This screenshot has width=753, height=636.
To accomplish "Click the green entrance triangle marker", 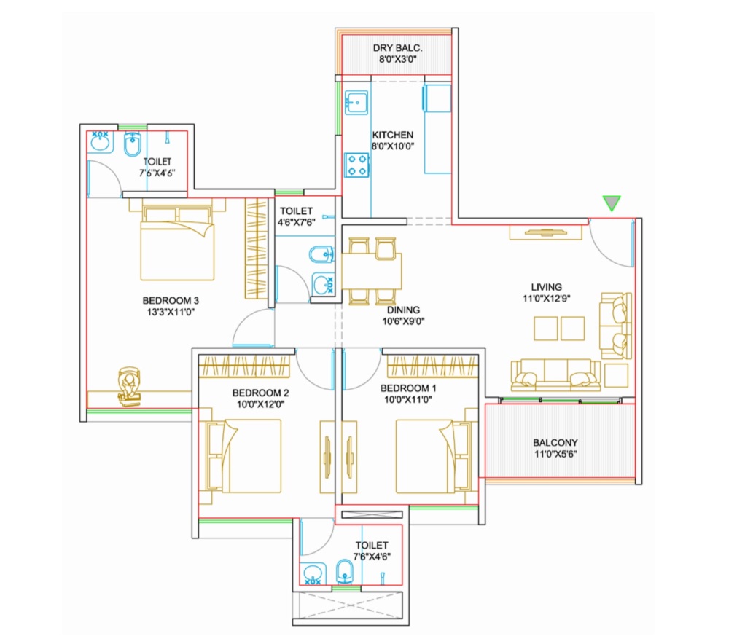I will (611, 203).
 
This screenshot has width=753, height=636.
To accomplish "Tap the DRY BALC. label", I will (397, 48).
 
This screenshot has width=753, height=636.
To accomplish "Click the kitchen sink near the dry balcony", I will (356, 102).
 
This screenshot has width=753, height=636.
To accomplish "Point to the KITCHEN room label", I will (392, 135).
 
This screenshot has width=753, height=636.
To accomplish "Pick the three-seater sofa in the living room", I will (555, 374).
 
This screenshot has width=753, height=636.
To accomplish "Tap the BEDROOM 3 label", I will (171, 299).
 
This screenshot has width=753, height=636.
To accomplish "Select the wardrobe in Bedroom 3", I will (255, 248).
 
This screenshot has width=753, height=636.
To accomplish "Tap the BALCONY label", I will (555, 442).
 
